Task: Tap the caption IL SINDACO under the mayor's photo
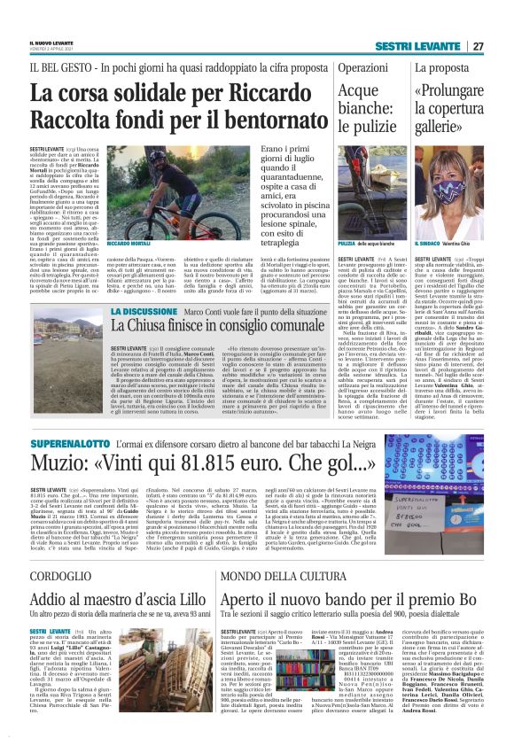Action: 429,243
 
